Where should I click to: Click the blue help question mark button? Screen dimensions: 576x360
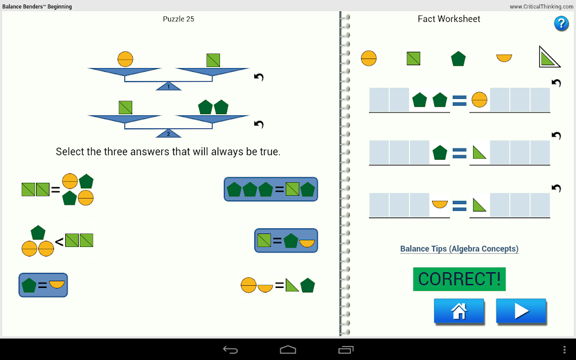[561, 24]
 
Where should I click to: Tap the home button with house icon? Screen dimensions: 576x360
[459, 310]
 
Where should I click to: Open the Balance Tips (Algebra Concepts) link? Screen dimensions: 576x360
[459, 249]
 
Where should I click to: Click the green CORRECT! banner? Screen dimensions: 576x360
[459, 279]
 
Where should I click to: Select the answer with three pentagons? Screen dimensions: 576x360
[271, 189]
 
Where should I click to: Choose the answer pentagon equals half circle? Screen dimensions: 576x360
[43, 285]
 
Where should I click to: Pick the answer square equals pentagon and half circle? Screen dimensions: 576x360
[286, 241]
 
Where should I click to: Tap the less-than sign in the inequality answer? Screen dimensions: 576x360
[59, 242]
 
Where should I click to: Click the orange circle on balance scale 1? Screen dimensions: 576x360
[125, 59]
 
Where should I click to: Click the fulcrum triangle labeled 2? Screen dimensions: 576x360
[169, 133]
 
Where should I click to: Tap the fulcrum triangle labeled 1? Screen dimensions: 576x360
[169, 86]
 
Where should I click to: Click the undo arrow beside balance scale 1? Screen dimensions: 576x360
[259, 77]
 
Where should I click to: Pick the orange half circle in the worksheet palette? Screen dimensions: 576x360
[504, 58]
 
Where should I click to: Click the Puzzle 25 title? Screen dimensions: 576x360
[178, 19]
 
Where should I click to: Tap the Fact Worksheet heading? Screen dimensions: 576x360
[449, 19]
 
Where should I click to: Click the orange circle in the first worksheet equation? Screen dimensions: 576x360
[479, 100]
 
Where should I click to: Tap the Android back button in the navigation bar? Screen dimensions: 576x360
[230, 350]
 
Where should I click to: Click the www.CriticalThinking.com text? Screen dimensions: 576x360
[541, 7]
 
